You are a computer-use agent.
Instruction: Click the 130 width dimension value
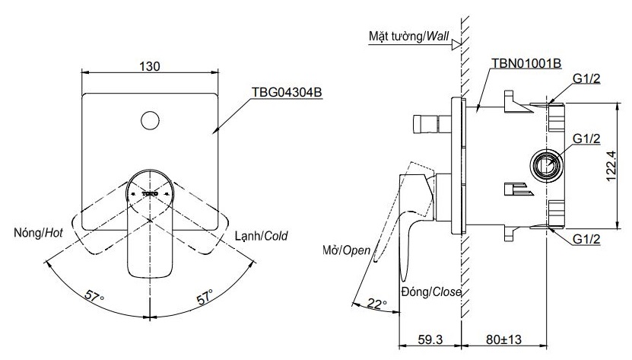click(150, 66)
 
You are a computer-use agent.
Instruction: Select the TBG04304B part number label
click(287, 93)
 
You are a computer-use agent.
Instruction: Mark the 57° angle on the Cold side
click(206, 295)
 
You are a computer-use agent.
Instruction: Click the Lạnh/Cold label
click(261, 235)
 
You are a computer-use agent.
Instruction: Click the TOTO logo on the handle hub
click(150, 194)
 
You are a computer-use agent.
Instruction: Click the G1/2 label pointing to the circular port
click(587, 139)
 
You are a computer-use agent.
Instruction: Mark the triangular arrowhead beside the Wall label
click(456, 45)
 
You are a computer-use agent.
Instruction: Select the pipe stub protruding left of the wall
click(427, 123)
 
